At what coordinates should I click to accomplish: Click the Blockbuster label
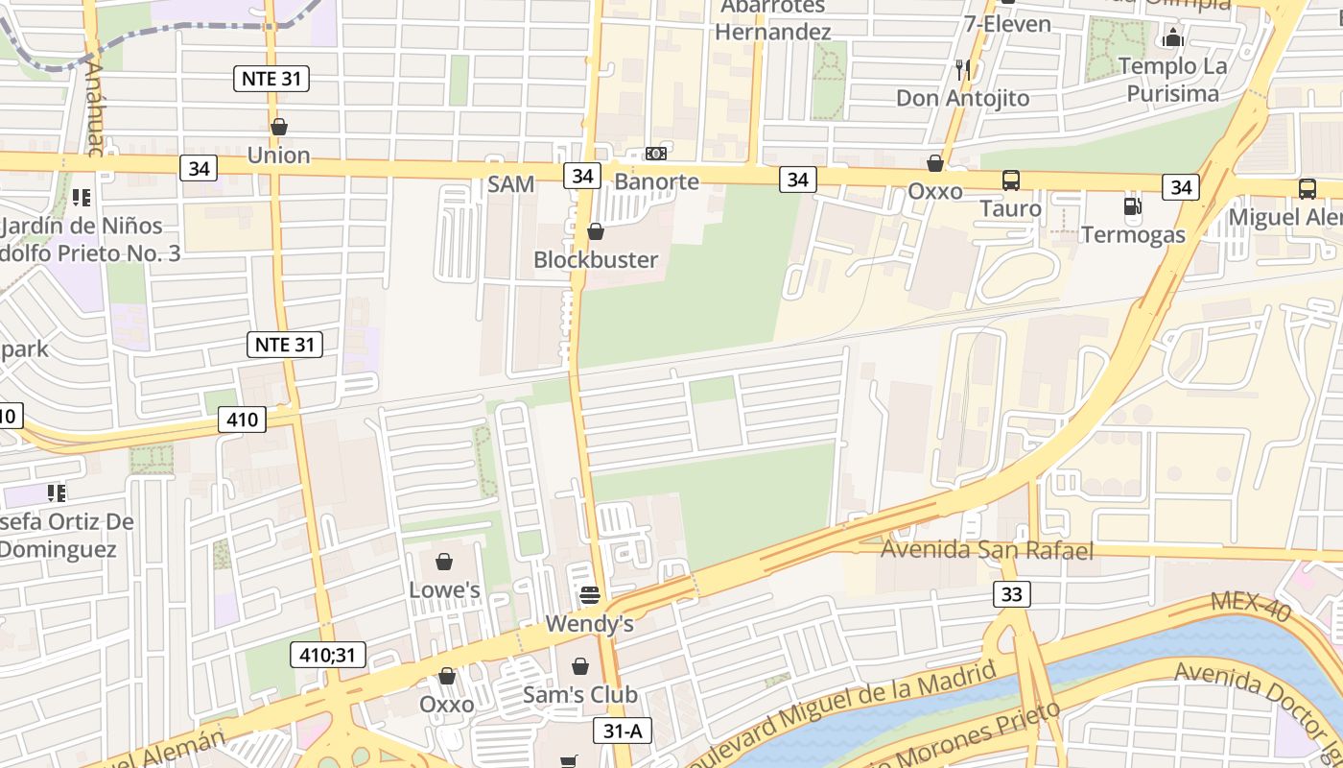596,259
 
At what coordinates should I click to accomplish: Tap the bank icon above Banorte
656,154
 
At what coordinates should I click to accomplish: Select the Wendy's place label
589,624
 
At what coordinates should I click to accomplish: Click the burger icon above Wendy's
589,596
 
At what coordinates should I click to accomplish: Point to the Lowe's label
444,589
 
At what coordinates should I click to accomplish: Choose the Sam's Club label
579,694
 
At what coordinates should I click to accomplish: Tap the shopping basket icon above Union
279,127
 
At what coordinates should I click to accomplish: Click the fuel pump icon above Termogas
1132,206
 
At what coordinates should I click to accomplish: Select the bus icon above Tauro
1011,180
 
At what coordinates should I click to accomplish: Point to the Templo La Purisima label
1172,80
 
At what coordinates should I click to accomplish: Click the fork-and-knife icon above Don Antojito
962,69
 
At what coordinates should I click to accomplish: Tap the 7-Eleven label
1007,23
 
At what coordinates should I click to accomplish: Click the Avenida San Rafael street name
986,550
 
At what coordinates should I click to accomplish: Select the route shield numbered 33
1011,594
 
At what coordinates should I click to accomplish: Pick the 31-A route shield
623,731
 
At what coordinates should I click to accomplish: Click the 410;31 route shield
328,656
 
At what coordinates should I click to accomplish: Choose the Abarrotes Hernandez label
772,19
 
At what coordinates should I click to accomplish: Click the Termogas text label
1133,234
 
